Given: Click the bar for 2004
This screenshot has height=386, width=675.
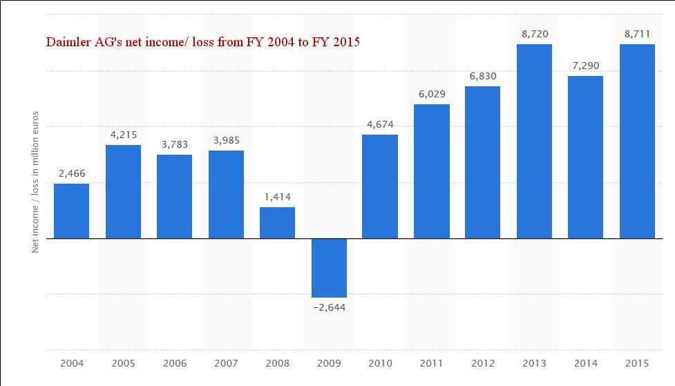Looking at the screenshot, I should click(71, 211).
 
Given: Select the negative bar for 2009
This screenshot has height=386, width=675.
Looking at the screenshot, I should click(329, 268).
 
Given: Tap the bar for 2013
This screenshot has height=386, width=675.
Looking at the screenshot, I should click(534, 141).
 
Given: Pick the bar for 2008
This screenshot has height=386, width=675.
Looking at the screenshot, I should click(277, 222).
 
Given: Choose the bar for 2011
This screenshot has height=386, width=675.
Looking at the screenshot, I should click(432, 171).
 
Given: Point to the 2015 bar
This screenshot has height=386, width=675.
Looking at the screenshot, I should click(637, 141).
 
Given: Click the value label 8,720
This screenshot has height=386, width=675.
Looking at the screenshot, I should click(534, 32).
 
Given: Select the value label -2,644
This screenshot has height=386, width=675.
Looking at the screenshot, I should click(328, 307).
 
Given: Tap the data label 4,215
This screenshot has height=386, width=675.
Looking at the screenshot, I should click(123, 134).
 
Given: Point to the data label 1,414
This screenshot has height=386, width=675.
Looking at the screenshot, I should click(277, 196).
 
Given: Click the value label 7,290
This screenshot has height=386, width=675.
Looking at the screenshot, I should click(585, 65).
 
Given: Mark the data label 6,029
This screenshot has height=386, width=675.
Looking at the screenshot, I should click(432, 93).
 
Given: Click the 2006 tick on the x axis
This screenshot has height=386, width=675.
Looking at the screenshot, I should click(174, 363).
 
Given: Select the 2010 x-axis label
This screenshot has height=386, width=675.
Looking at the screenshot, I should click(380, 363).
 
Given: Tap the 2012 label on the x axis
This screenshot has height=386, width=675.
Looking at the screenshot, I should click(483, 363).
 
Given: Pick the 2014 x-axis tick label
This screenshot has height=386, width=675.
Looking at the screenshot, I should click(585, 363).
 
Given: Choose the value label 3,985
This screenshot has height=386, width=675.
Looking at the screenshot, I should click(226, 140).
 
